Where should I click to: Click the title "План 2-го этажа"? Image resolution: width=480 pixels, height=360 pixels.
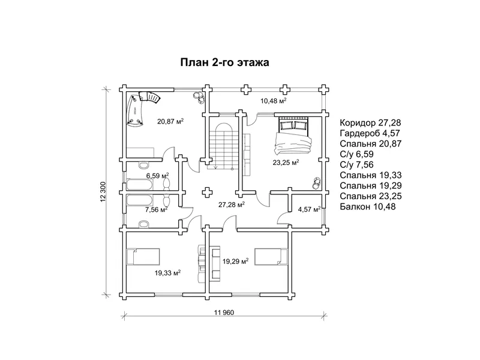[x=224, y=62]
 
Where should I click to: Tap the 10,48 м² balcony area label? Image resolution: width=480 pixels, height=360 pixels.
[x=274, y=100]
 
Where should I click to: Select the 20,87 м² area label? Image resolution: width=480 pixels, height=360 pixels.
[x=170, y=121]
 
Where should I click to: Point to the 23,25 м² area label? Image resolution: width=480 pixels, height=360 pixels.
[x=286, y=162]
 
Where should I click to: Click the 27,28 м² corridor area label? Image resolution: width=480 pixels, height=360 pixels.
[x=232, y=205]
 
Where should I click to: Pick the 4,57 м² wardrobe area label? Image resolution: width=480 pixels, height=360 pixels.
[x=309, y=209]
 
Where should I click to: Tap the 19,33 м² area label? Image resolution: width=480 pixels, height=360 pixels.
[x=167, y=272]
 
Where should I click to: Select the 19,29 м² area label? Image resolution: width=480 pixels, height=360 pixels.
[x=235, y=262]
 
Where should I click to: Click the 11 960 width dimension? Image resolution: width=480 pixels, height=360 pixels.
[x=224, y=313]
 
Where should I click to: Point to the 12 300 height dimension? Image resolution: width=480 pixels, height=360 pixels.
[x=103, y=191]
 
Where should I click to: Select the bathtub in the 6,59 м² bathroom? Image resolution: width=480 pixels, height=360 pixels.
[x=140, y=185]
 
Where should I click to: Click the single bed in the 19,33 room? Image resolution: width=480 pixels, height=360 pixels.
[x=143, y=257]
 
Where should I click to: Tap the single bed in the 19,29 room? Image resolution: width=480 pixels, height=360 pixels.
[x=271, y=257]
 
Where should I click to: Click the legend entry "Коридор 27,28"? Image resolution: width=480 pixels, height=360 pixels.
[x=370, y=123]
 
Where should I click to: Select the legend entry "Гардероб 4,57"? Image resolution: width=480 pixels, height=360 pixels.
[x=370, y=133]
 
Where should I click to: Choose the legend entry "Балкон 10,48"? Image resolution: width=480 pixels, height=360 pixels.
[x=368, y=206]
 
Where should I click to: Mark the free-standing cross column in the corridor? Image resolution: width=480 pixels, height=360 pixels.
[x=208, y=193]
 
